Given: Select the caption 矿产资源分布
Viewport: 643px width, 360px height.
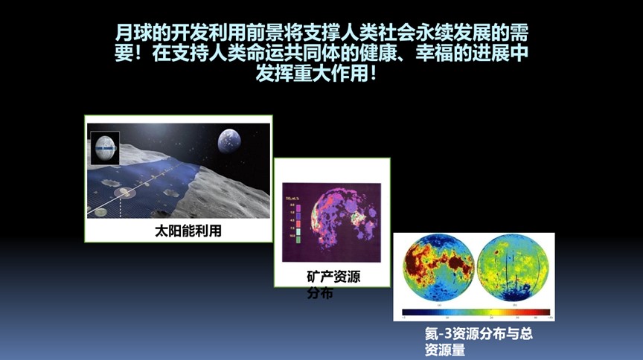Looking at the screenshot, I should coord(333,285).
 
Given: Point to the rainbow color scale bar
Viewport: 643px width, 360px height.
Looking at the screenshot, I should coord(476,314).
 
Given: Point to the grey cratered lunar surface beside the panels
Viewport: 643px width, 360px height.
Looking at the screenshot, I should coord(231,193).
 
